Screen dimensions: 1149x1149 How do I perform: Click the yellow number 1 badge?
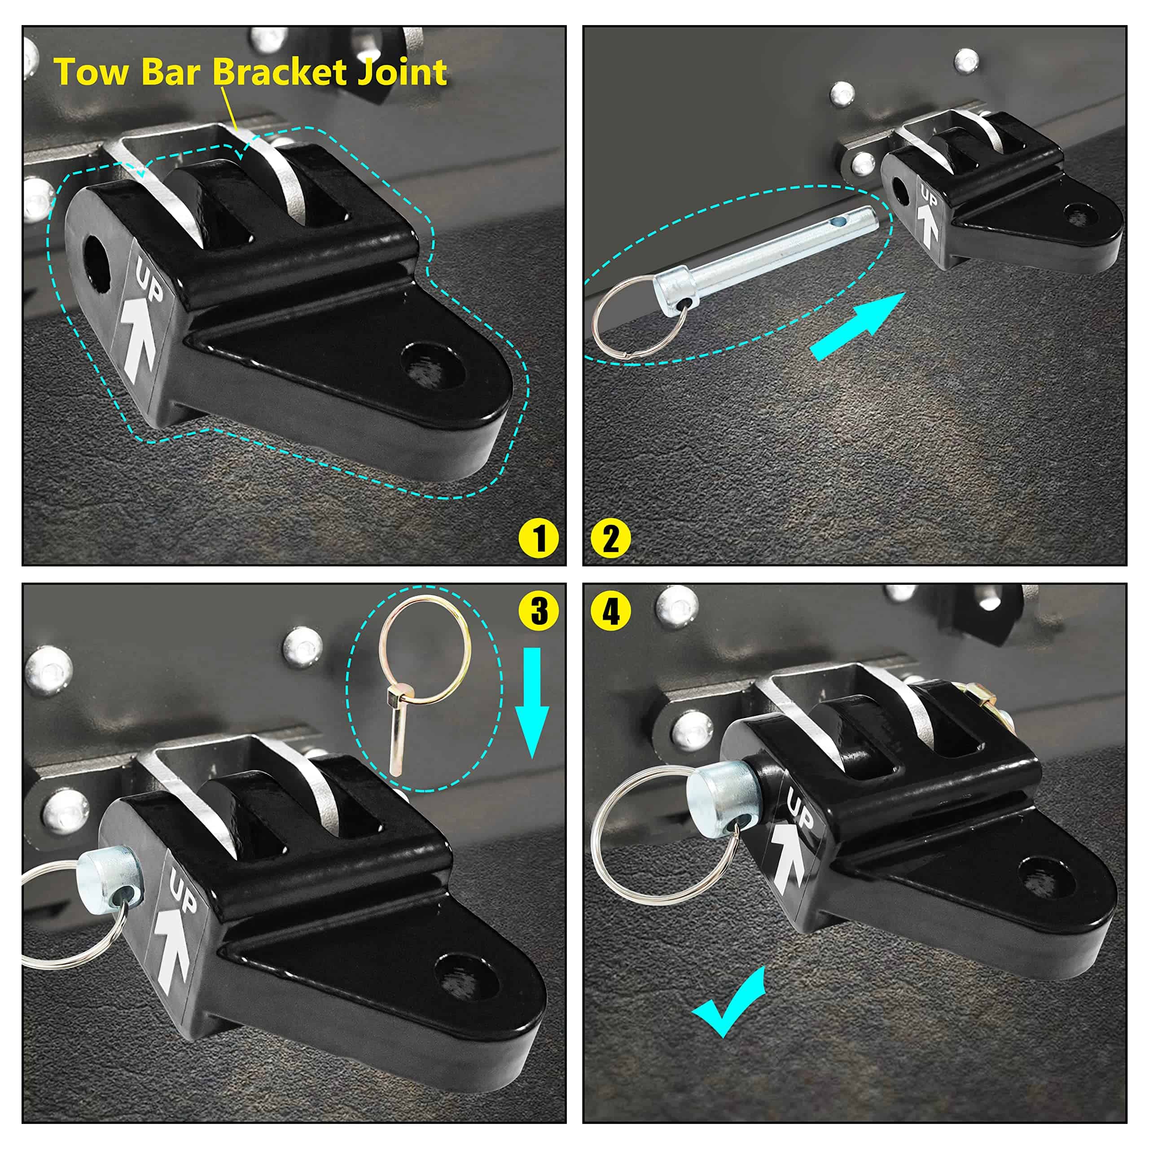[539, 539]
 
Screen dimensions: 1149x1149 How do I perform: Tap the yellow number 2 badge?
[611, 539]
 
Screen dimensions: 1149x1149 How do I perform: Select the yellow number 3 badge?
[539, 611]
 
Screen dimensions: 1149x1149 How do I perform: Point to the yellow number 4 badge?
[611, 611]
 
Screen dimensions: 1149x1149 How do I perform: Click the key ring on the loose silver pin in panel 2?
[638, 317]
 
